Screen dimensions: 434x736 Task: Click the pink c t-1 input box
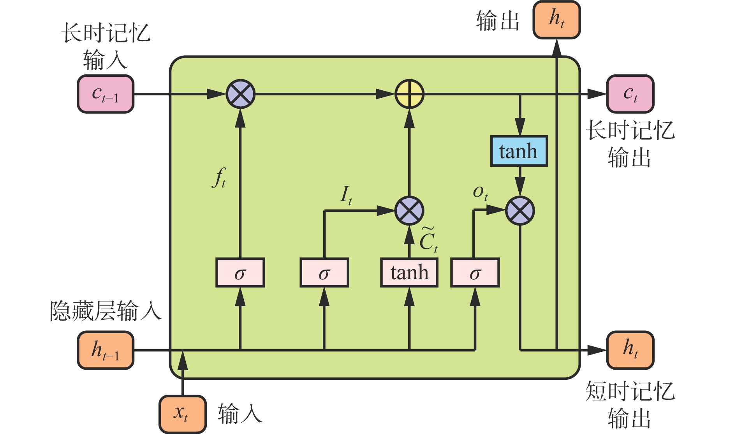(106, 94)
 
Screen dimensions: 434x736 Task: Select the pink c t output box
(630, 94)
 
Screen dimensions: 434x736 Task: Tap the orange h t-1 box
(106, 350)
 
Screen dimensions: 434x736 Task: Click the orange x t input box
(182, 414)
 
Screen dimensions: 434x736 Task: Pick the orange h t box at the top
(556, 19)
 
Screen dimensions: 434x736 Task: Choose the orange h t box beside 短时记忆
(630, 350)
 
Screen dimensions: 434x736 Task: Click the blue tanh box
(519, 151)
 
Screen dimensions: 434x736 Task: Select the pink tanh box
(409, 272)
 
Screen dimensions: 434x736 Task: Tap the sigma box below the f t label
(240, 272)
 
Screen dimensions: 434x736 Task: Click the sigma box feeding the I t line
(324, 272)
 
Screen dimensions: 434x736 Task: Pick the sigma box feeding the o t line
(475, 272)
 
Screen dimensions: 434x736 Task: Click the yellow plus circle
(409, 94)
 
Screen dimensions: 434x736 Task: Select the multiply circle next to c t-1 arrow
(240, 94)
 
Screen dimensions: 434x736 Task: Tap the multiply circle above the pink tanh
(409, 211)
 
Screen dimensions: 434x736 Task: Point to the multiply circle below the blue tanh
(520, 211)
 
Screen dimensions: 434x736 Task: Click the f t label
(220, 178)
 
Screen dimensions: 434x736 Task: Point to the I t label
(346, 195)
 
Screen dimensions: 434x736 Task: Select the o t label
(480, 192)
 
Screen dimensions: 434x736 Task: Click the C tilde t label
(428, 240)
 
